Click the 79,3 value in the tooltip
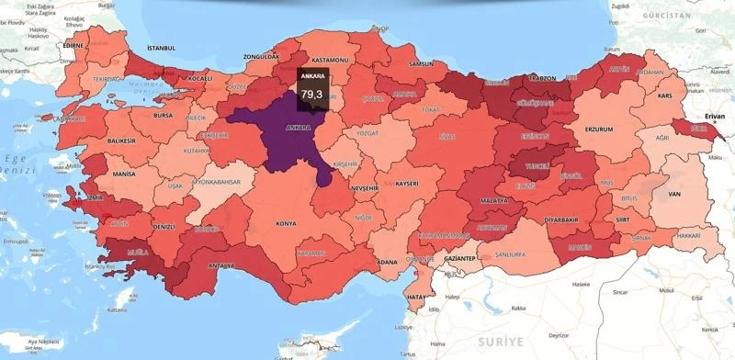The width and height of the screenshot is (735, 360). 311,94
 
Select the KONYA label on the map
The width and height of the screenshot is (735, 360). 287,223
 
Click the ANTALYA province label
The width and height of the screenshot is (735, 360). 220,266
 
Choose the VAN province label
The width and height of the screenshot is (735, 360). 674,195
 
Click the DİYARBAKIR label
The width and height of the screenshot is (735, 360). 562,220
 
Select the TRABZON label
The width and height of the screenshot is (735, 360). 542,79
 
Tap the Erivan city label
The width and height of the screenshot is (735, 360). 716,118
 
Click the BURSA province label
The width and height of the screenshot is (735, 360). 163,117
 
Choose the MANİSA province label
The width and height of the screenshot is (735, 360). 124,173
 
